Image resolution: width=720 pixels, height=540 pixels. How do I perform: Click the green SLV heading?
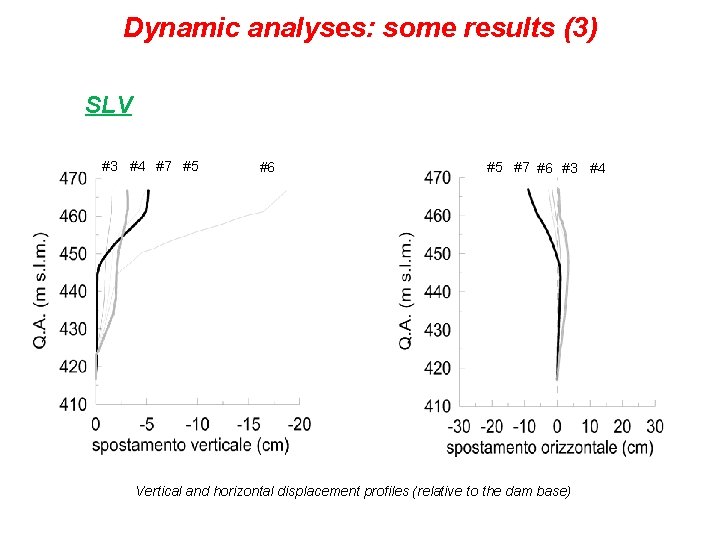pyautogui.click(x=109, y=105)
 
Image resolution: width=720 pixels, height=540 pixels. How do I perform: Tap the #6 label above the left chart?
pyautogui.click(x=267, y=167)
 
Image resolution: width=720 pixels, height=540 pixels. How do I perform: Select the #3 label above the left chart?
pyautogui.click(x=110, y=166)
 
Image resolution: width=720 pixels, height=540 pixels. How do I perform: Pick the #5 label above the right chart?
pyautogui.click(x=494, y=167)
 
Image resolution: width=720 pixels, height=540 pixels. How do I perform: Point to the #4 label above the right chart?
pyautogui.click(x=597, y=168)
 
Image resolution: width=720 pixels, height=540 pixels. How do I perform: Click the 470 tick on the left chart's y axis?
pyautogui.click(x=72, y=178)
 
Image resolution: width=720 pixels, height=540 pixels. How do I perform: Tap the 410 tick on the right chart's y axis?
pyautogui.click(x=437, y=406)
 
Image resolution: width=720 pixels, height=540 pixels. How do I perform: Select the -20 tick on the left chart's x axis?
pyautogui.click(x=299, y=424)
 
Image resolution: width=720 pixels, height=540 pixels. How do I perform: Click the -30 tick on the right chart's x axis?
pyautogui.click(x=459, y=427)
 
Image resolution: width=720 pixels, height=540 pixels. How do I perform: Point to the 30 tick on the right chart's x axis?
pyautogui.click(x=653, y=427)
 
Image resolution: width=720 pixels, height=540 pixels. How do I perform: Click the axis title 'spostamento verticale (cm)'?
pyautogui.click(x=190, y=445)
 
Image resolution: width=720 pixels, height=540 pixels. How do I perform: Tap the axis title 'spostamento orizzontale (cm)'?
pyautogui.click(x=549, y=448)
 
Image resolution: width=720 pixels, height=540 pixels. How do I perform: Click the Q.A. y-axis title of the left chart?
pyautogui.click(x=40, y=290)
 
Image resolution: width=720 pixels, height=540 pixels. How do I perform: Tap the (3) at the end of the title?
pyautogui.click(x=580, y=27)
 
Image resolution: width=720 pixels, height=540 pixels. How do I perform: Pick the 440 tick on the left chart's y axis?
pyautogui.click(x=72, y=291)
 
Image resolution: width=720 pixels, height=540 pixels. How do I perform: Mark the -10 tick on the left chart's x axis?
pyautogui.click(x=198, y=424)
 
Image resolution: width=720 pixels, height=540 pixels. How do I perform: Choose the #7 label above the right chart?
pyautogui.click(x=521, y=167)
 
